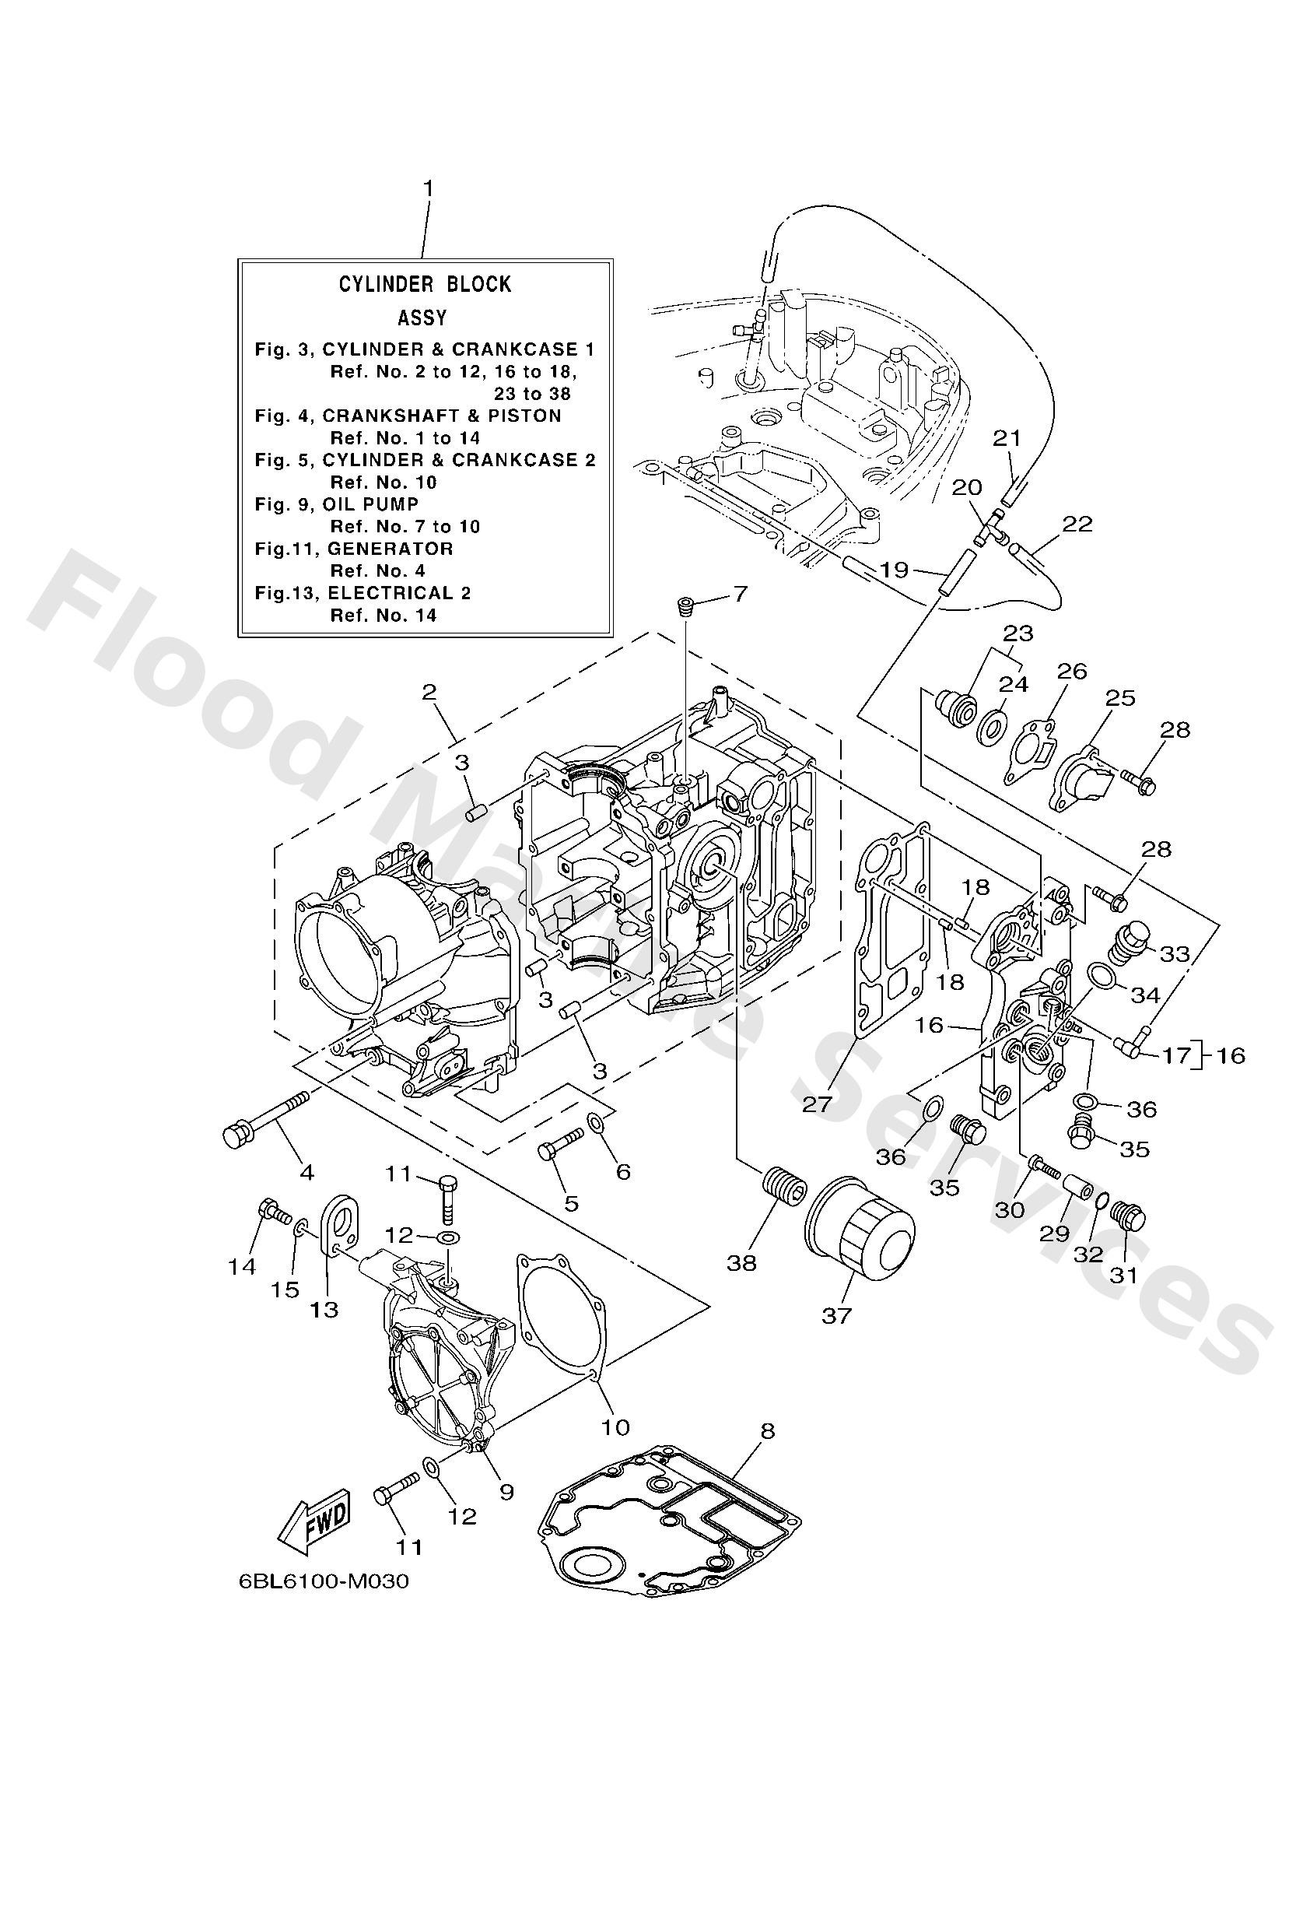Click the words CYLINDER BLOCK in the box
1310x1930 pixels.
tap(424, 284)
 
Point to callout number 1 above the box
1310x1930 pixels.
tap(429, 189)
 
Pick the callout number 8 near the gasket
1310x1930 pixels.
tap(766, 1430)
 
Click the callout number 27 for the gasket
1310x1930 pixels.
tap(817, 1104)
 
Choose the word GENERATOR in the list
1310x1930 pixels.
tap(391, 548)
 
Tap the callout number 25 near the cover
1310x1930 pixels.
tap(1120, 697)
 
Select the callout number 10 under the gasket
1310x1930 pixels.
tap(615, 1427)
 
